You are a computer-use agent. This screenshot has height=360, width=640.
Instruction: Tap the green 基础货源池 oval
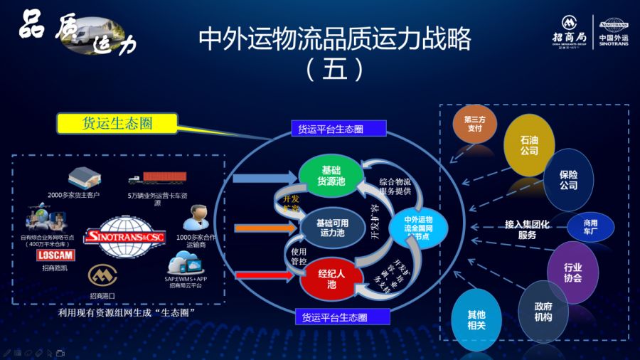point(331,175)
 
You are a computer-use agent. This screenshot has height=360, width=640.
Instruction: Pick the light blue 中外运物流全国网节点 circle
point(418,227)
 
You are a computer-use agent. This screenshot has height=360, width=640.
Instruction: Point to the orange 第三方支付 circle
point(474,124)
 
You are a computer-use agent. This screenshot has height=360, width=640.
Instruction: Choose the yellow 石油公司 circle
point(529,145)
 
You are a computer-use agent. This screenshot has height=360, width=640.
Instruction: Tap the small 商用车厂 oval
point(590,227)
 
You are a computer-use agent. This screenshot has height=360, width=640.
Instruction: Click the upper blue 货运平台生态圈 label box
point(338,129)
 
